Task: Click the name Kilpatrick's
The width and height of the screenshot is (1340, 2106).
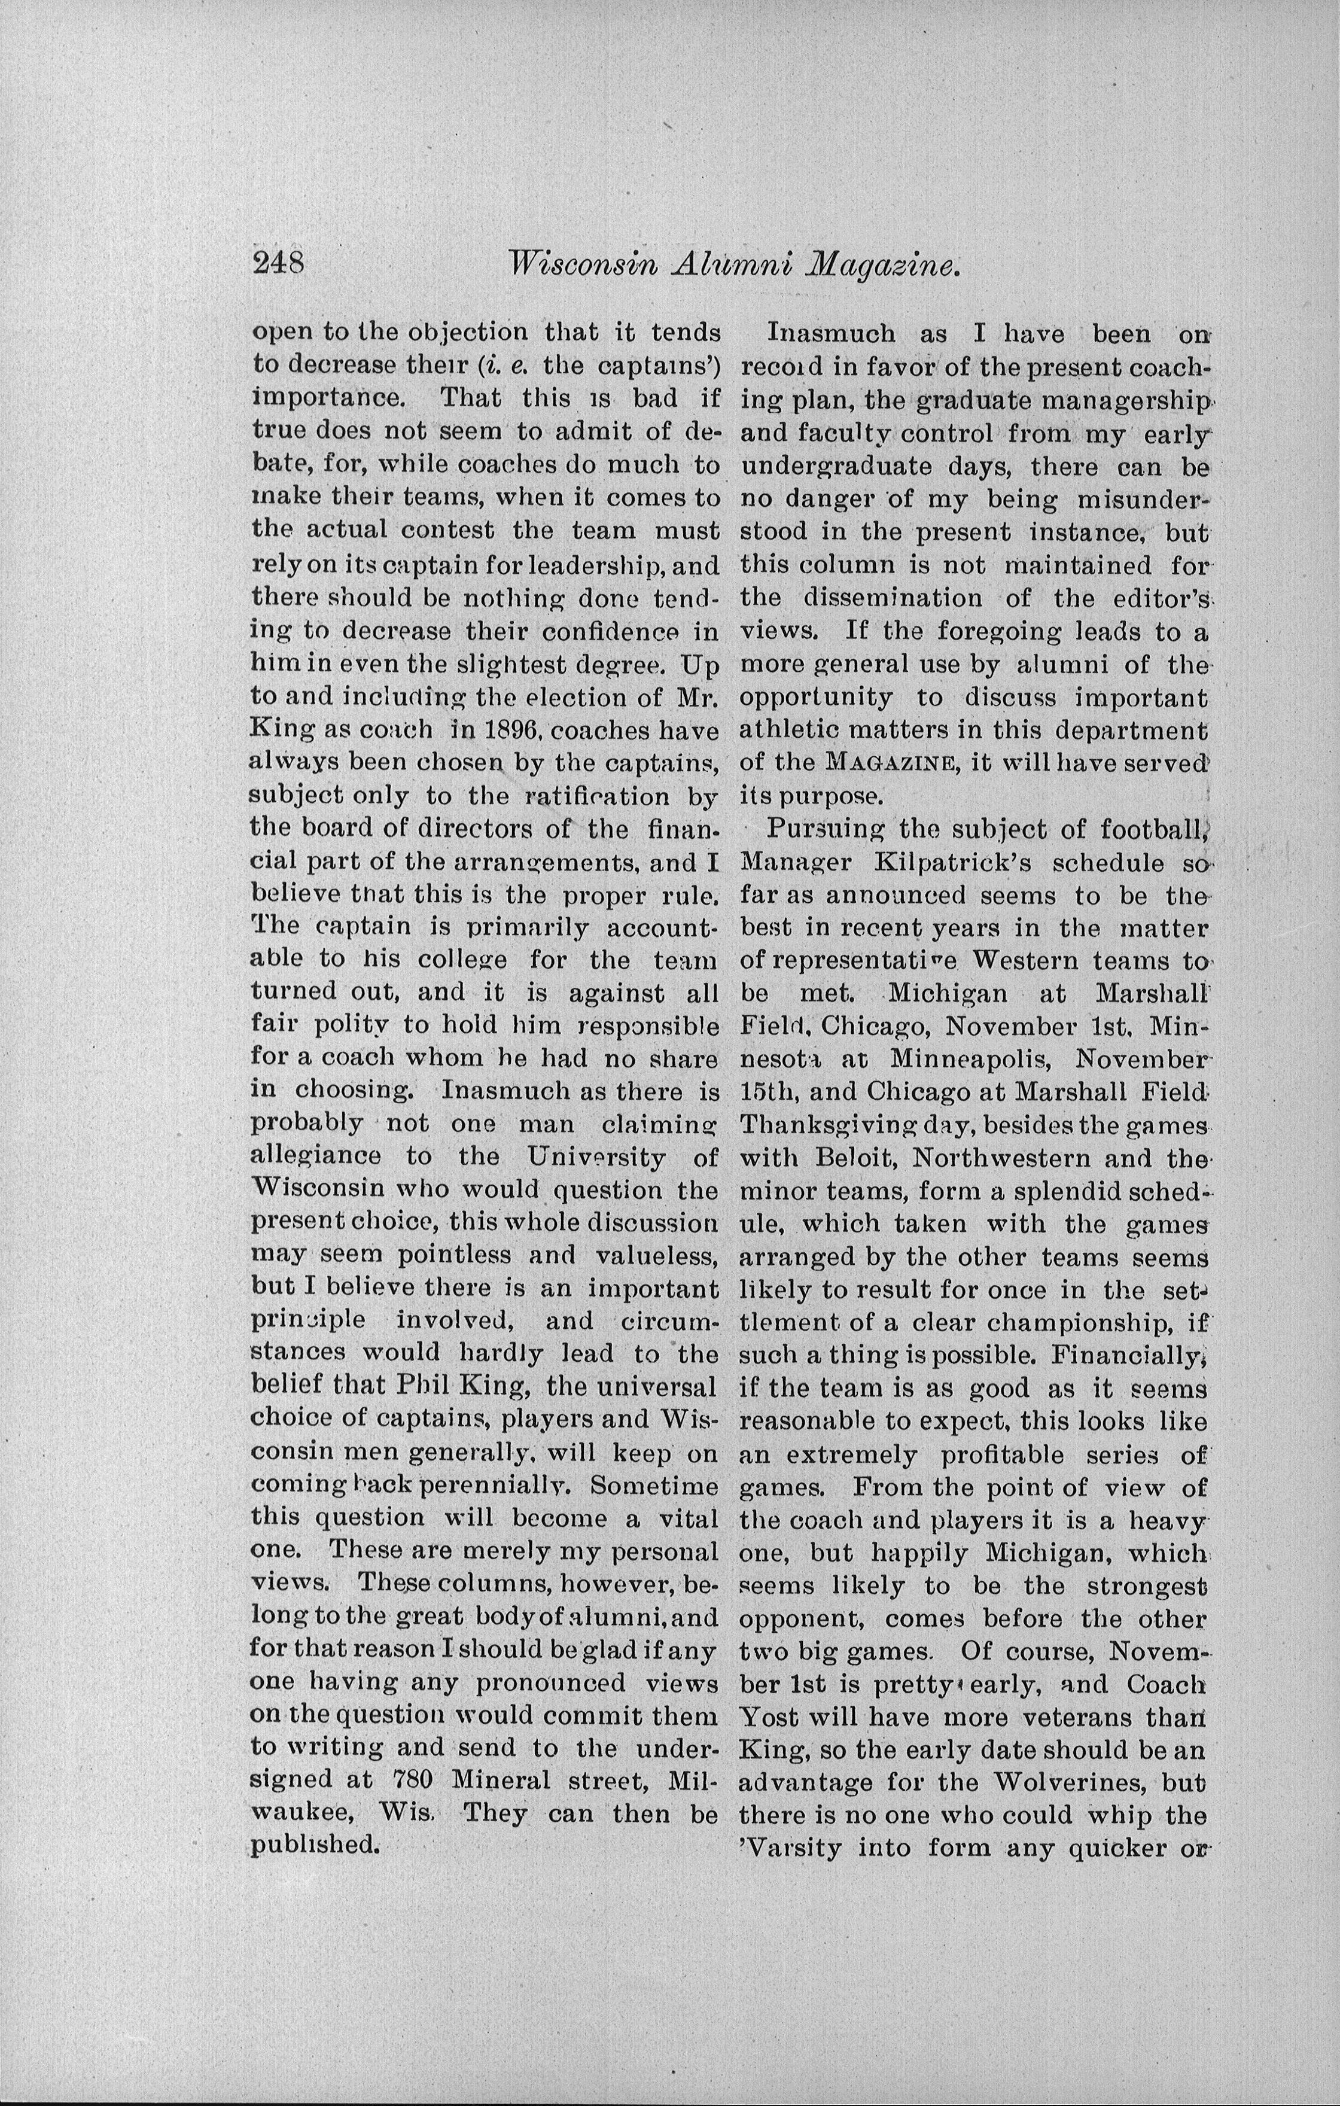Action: pyautogui.click(x=951, y=863)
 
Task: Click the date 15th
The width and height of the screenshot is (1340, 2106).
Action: pyautogui.click(x=768, y=1092)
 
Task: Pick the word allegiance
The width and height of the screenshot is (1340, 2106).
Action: pyautogui.click(x=316, y=1156)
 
